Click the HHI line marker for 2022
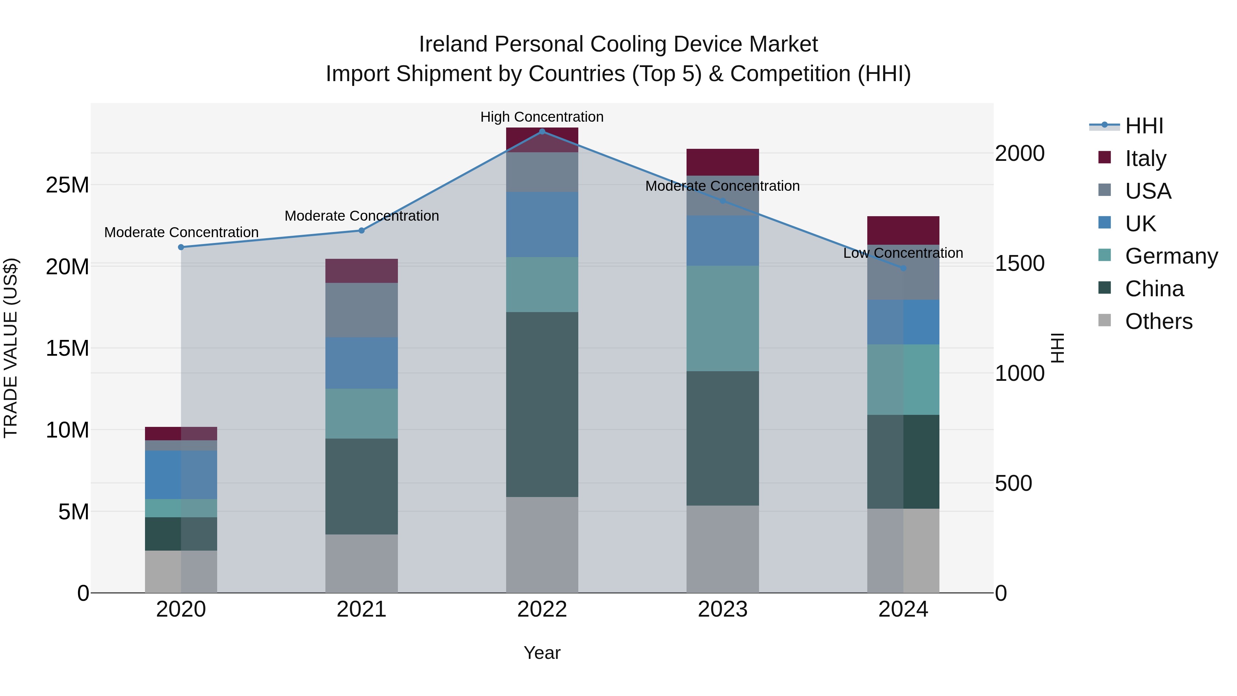[542, 132]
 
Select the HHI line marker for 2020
[181, 247]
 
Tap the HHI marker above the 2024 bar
[903, 268]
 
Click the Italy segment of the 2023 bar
[722, 162]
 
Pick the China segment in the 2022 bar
[542, 405]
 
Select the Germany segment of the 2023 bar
[722, 319]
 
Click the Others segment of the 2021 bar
[361, 563]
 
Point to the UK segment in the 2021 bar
[361, 363]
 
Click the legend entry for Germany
[1171, 256]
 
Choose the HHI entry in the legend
[1144, 126]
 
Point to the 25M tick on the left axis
[67, 185]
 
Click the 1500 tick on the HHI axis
[1019, 263]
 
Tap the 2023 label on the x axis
[722, 609]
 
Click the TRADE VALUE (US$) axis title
[11, 348]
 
